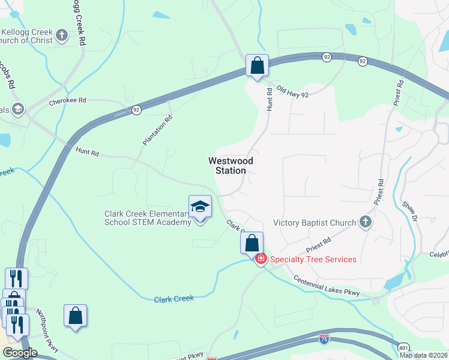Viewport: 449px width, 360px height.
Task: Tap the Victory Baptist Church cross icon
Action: pyautogui.click(x=366, y=223)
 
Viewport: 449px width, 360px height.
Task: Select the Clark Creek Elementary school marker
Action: pyautogui.click(x=200, y=208)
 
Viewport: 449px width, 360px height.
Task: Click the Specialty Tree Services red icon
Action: pyautogui.click(x=261, y=260)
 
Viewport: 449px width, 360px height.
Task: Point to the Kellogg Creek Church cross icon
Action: pyautogui.click(x=61, y=35)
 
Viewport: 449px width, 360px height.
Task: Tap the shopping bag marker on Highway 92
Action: pyautogui.click(x=257, y=65)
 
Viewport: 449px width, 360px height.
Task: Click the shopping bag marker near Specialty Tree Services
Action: pyautogui.click(x=252, y=244)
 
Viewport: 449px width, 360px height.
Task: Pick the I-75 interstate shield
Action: pyautogui.click(x=324, y=339)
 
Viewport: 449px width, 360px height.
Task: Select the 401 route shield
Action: pyautogui.click(x=404, y=347)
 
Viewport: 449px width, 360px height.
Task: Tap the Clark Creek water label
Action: pyautogui.click(x=175, y=299)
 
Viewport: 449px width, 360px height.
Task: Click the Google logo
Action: pyautogui.click(x=20, y=353)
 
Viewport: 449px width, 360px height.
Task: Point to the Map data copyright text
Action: pyautogui.click(x=424, y=355)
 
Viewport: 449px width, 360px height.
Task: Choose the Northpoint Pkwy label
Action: pyautogui.click(x=47, y=325)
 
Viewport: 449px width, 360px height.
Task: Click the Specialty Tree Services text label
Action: pyautogui.click(x=313, y=260)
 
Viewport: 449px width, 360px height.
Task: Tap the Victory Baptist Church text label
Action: pyautogui.click(x=315, y=223)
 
